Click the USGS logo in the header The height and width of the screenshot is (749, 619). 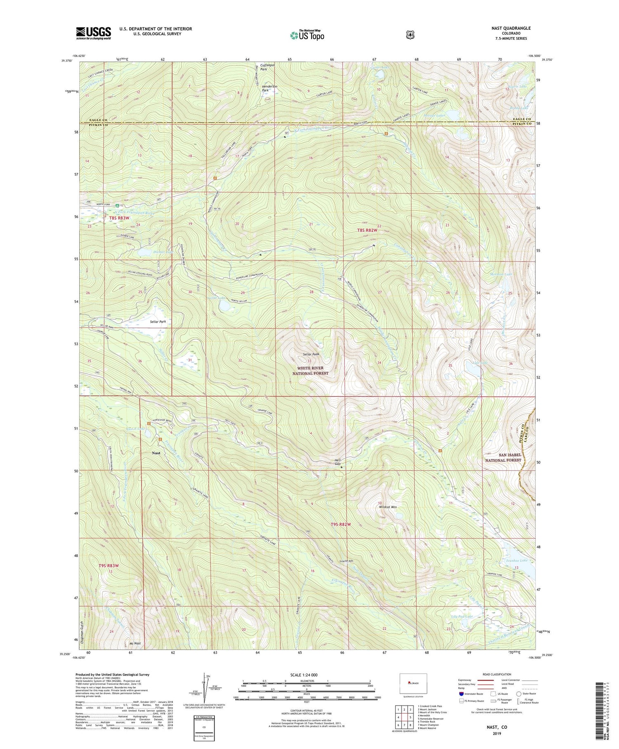93,33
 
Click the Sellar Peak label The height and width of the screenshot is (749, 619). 311,354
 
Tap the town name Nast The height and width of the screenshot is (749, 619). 156,453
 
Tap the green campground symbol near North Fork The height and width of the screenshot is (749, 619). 118,205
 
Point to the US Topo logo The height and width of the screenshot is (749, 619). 307,35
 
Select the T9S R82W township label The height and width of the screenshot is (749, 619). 341,524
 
